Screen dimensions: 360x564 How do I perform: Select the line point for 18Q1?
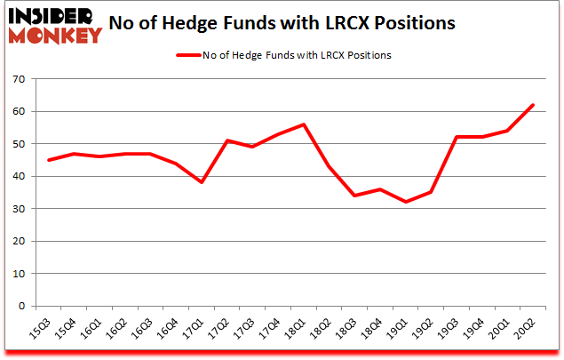coord(304,124)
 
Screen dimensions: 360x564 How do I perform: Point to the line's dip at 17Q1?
coord(203,182)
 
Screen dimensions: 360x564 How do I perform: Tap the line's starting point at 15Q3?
coord(49,160)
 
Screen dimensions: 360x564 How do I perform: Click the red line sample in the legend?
coord(189,54)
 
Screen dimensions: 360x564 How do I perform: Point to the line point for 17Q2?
coord(228,140)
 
